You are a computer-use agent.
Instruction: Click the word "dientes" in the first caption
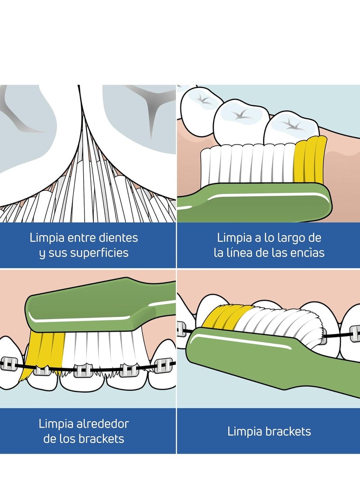coord(118,238)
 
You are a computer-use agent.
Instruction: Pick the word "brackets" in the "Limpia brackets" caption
coord(288,431)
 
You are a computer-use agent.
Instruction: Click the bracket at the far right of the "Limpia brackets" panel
coord(354,334)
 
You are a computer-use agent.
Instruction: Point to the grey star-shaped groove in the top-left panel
coord(150,104)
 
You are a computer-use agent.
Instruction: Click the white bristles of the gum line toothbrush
coord(247,163)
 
